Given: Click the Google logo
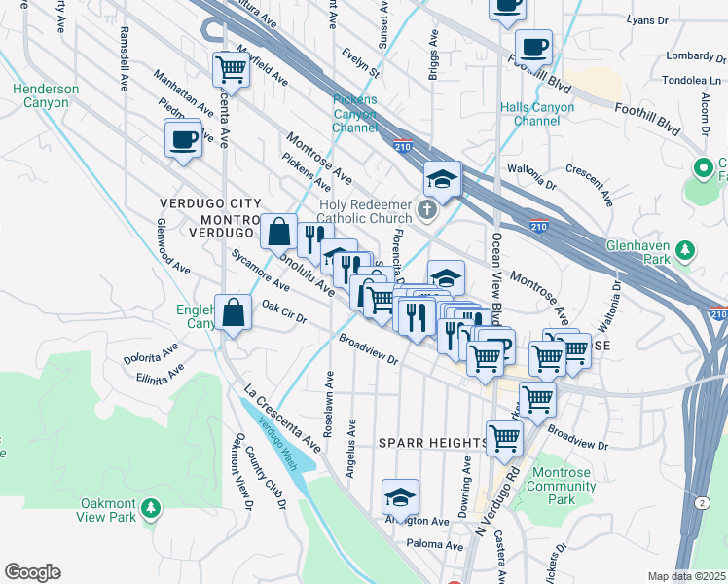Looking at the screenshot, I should [32, 572].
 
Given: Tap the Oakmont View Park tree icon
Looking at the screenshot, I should [150, 507].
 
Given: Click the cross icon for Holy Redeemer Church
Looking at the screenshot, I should [426, 209].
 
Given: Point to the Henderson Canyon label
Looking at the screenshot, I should [46, 95].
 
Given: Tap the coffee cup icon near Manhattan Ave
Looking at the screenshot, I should [184, 140].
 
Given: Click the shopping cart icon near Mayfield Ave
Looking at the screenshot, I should [231, 68].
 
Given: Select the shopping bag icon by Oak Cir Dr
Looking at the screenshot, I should [234, 314].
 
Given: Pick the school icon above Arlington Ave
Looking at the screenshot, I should [400, 499].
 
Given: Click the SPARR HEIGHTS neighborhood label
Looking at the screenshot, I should [432, 443].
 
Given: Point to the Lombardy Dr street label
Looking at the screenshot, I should [690, 55].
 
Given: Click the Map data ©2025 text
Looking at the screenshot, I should [685, 576].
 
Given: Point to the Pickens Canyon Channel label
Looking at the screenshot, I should [354, 114].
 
